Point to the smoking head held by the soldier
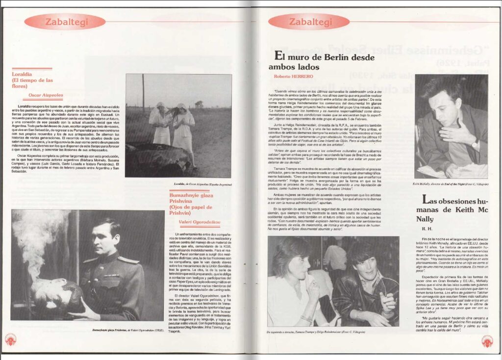tap(54, 297)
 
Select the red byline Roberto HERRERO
tap(292, 77)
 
